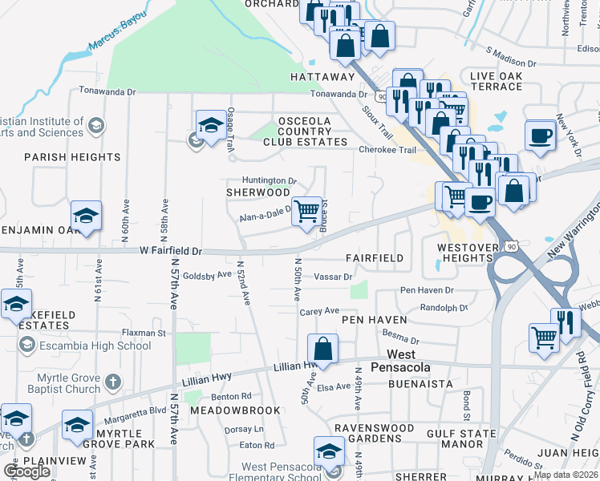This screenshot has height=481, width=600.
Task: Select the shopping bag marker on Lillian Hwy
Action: point(322,350)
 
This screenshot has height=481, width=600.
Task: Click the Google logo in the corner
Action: point(26,471)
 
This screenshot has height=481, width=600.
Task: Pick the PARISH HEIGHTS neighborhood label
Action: point(59,156)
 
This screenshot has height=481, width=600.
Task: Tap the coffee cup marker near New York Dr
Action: point(540,135)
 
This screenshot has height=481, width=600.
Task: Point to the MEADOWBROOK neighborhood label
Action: point(235,410)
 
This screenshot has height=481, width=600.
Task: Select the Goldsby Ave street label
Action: point(208,274)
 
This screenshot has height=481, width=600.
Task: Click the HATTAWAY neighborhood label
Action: point(322,77)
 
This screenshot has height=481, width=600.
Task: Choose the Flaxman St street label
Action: point(144,332)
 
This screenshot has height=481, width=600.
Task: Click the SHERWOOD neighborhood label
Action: point(257,192)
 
